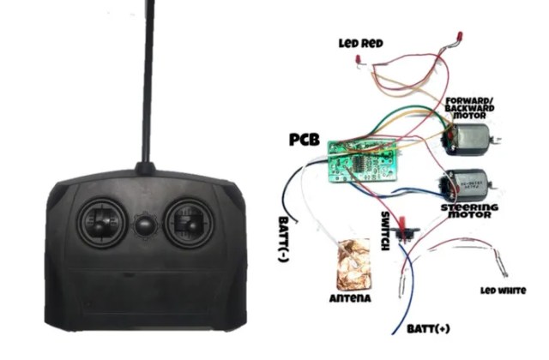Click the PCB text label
305,139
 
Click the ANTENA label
349,298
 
